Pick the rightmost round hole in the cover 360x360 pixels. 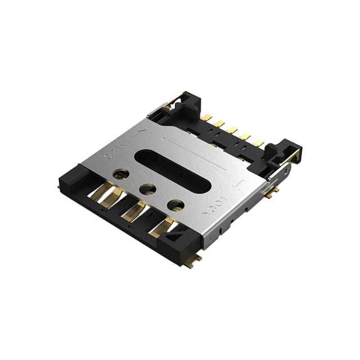point(175,205)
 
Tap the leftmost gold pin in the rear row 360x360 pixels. point(206,118)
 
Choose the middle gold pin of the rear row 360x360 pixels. point(231,130)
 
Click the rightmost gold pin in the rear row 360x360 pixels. point(257,143)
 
